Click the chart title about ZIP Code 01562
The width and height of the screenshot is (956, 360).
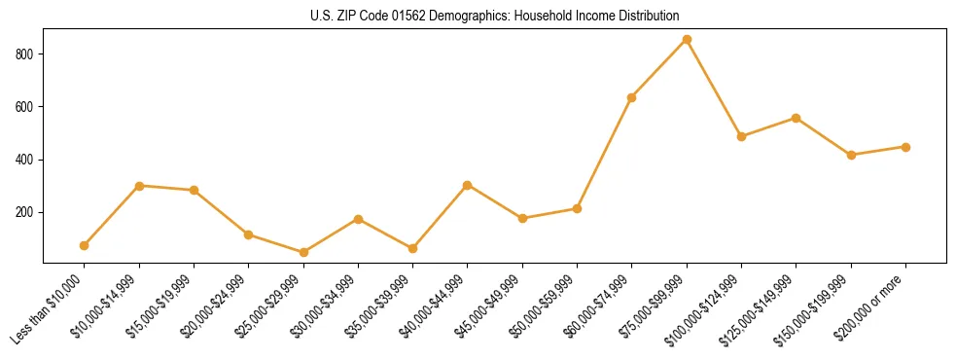[478, 16]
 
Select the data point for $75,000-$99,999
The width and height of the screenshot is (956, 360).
[687, 40]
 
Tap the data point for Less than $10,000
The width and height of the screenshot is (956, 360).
[85, 245]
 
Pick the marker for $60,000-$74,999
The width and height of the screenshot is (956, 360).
[632, 97]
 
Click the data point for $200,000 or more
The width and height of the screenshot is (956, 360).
[905, 147]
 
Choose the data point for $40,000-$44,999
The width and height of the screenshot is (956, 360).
[468, 185]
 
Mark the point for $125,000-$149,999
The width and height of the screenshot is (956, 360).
[796, 118]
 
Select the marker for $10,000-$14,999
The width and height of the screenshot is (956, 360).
[139, 185]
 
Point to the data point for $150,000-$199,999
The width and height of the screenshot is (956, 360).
[851, 155]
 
